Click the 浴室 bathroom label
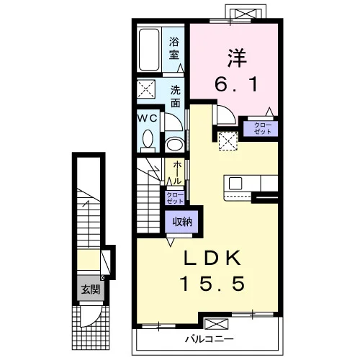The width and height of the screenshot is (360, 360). click(x=174, y=48)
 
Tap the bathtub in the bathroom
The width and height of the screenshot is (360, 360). click(x=149, y=50)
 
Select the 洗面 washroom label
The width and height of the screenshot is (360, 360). click(x=175, y=96)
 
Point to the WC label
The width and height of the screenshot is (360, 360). click(x=147, y=118)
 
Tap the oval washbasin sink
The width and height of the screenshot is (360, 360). click(x=175, y=145)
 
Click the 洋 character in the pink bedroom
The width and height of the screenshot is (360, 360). click(x=237, y=58)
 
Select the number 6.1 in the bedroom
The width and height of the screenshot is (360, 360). click(x=236, y=84)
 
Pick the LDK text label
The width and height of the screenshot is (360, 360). click(x=212, y=258)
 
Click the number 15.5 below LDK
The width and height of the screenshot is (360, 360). click(x=212, y=283)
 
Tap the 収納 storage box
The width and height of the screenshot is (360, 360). click(x=181, y=222)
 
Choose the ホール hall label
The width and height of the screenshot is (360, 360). click(x=177, y=173)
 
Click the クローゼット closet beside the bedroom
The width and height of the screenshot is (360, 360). click(x=261, y=128)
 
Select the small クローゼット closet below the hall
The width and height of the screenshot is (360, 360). click(x=175, y=198)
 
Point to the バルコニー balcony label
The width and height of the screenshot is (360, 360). click(x=209, y=339)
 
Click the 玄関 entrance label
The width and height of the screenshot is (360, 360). click(x=91, y=289)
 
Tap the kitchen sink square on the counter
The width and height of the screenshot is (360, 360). click(x=235, y=184)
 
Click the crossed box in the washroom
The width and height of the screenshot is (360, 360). click(x=146, y=89)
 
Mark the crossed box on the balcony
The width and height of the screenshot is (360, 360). click(x=216, y=324)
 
